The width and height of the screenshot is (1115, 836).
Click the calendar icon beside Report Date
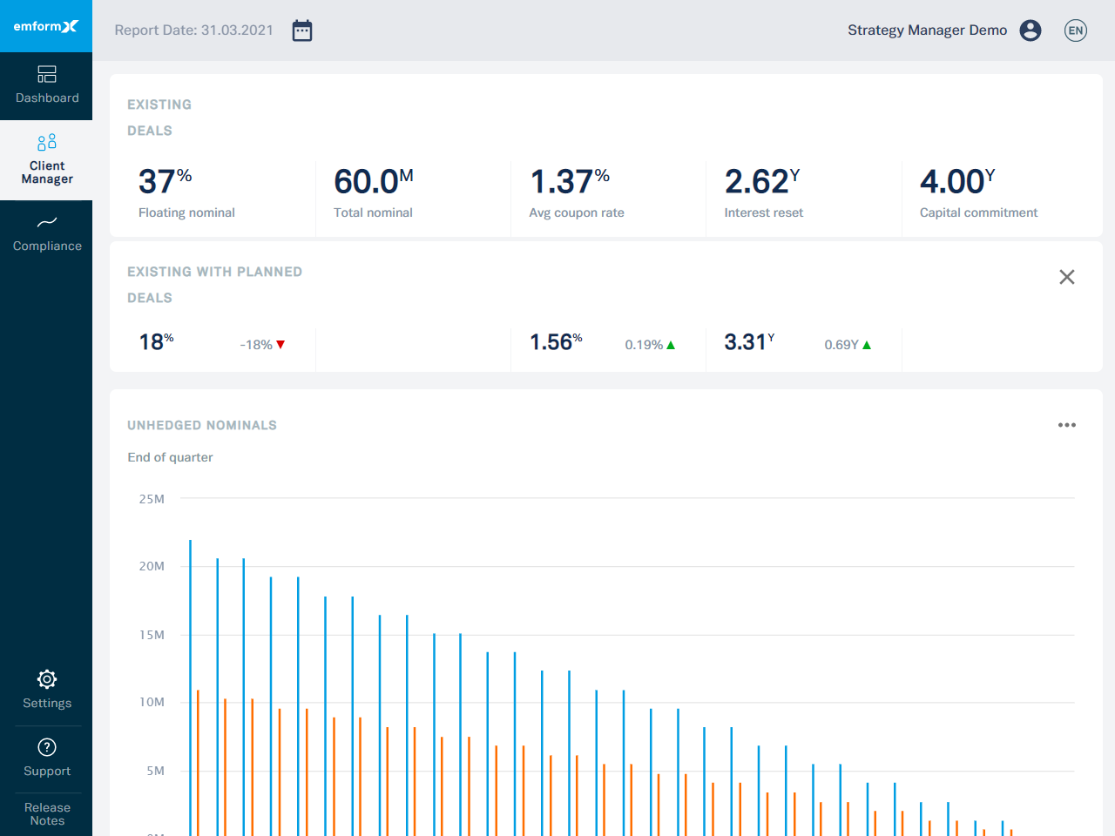302,30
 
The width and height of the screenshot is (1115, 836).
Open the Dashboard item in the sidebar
47,85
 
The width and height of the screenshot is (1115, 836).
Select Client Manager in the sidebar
47,159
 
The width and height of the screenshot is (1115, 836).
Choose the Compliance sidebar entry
47,234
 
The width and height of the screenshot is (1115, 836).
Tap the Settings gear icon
47,679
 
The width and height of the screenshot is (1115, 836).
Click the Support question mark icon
47,747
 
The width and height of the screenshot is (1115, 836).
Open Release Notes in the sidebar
47,814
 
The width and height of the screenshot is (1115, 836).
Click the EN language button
1076,30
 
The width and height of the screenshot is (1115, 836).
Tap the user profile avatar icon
1031,30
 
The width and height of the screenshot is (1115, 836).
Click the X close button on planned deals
1067,277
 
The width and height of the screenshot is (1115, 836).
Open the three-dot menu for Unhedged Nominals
1067,425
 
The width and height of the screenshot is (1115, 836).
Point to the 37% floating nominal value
165,181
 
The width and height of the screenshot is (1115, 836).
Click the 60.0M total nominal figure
373,181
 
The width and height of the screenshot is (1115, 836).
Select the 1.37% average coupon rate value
570,181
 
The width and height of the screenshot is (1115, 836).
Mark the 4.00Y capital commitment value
957,181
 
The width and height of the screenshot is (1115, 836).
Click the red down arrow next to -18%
280,345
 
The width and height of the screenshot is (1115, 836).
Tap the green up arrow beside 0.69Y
867,345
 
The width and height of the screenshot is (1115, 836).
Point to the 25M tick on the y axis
152,499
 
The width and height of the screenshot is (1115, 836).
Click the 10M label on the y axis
152,702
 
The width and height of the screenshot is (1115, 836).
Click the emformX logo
46,26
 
